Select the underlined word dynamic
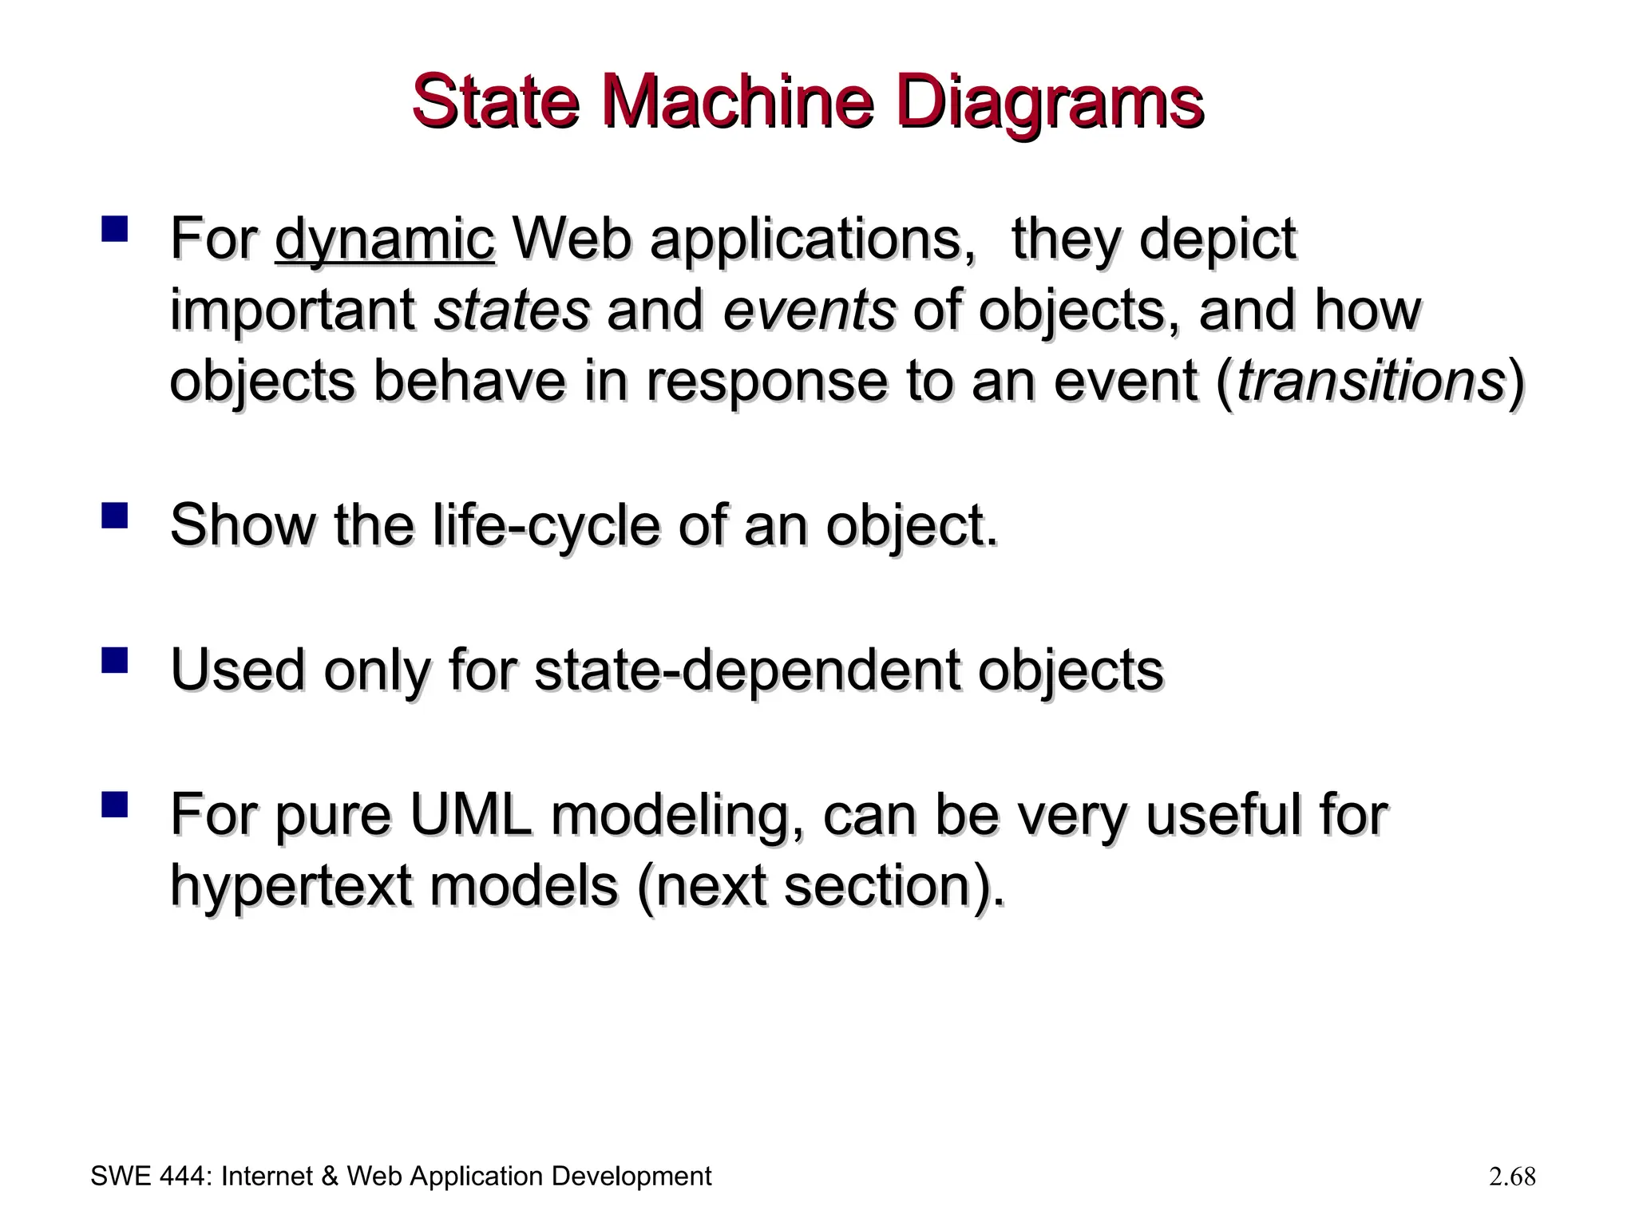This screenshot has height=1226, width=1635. (384, 239)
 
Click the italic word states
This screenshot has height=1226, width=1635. (511, 310)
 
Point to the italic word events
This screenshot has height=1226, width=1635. (809, 310)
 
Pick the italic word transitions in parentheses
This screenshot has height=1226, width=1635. (1370, 381)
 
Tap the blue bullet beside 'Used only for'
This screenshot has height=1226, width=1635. (115, 660)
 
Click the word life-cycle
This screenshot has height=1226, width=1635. (546, 526)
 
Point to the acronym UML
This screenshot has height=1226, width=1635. (470, 815)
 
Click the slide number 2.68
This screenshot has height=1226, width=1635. (1511, 1177)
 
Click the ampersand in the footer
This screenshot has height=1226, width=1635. (330, 1177)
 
